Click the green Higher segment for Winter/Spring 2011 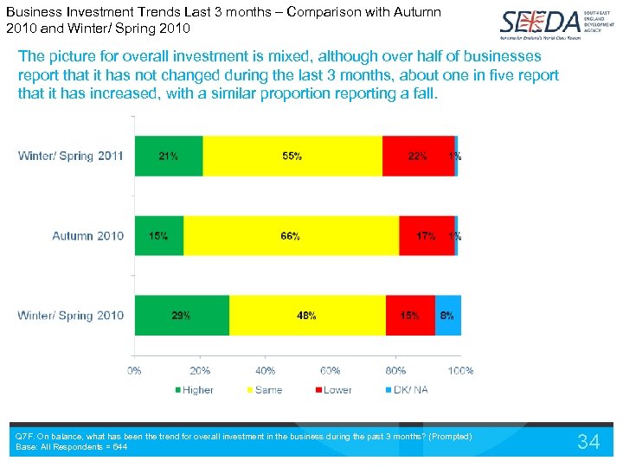pos(169,157)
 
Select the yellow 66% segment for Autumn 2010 pos(291,236)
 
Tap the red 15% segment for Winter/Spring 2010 pos(410,316)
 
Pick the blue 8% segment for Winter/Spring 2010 pos(446,316)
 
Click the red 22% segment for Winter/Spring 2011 pos(418,157)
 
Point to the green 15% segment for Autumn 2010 pos(159,236)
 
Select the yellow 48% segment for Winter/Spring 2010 pos(307,316)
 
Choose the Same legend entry pos(263,390)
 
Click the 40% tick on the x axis pos(266,370)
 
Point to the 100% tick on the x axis pos(460,370)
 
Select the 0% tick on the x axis pos(135,370)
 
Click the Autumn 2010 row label pos(87,236)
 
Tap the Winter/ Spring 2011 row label pos(71,157)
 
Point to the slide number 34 pos(588,442)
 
